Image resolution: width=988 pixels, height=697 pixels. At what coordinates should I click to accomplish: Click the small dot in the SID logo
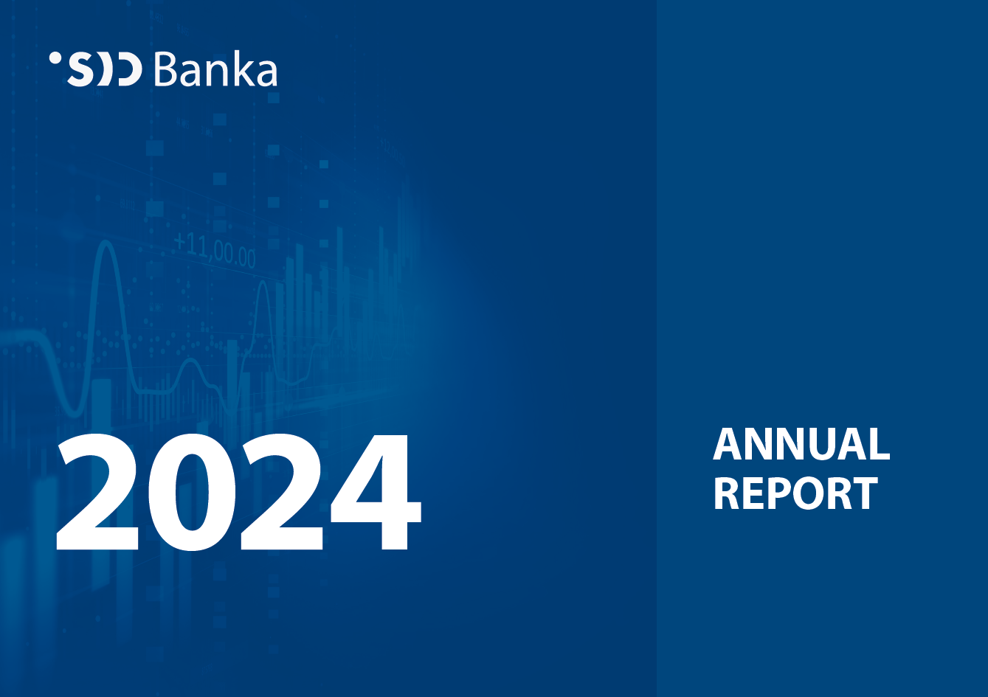click(55, 58)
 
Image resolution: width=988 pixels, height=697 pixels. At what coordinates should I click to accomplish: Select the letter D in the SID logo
click(130, 69)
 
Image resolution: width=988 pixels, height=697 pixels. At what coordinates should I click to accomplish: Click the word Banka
click(215, 69)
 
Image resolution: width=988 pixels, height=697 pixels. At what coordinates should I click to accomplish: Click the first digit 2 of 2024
click(97, 492)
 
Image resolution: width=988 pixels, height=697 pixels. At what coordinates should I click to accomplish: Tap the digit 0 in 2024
click(191, 493)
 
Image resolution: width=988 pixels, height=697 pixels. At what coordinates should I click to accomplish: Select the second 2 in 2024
click(283, 492)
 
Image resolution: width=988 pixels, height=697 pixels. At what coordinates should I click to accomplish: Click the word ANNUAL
click(801, 445)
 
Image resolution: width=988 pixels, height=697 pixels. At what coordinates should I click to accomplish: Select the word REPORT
click(795, 493)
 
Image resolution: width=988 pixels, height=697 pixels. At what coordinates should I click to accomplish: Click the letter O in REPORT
click(815, 493)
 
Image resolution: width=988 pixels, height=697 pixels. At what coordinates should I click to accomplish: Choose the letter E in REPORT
click(756, 493)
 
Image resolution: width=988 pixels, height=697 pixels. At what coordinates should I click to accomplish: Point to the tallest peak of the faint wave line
click(106, 242)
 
